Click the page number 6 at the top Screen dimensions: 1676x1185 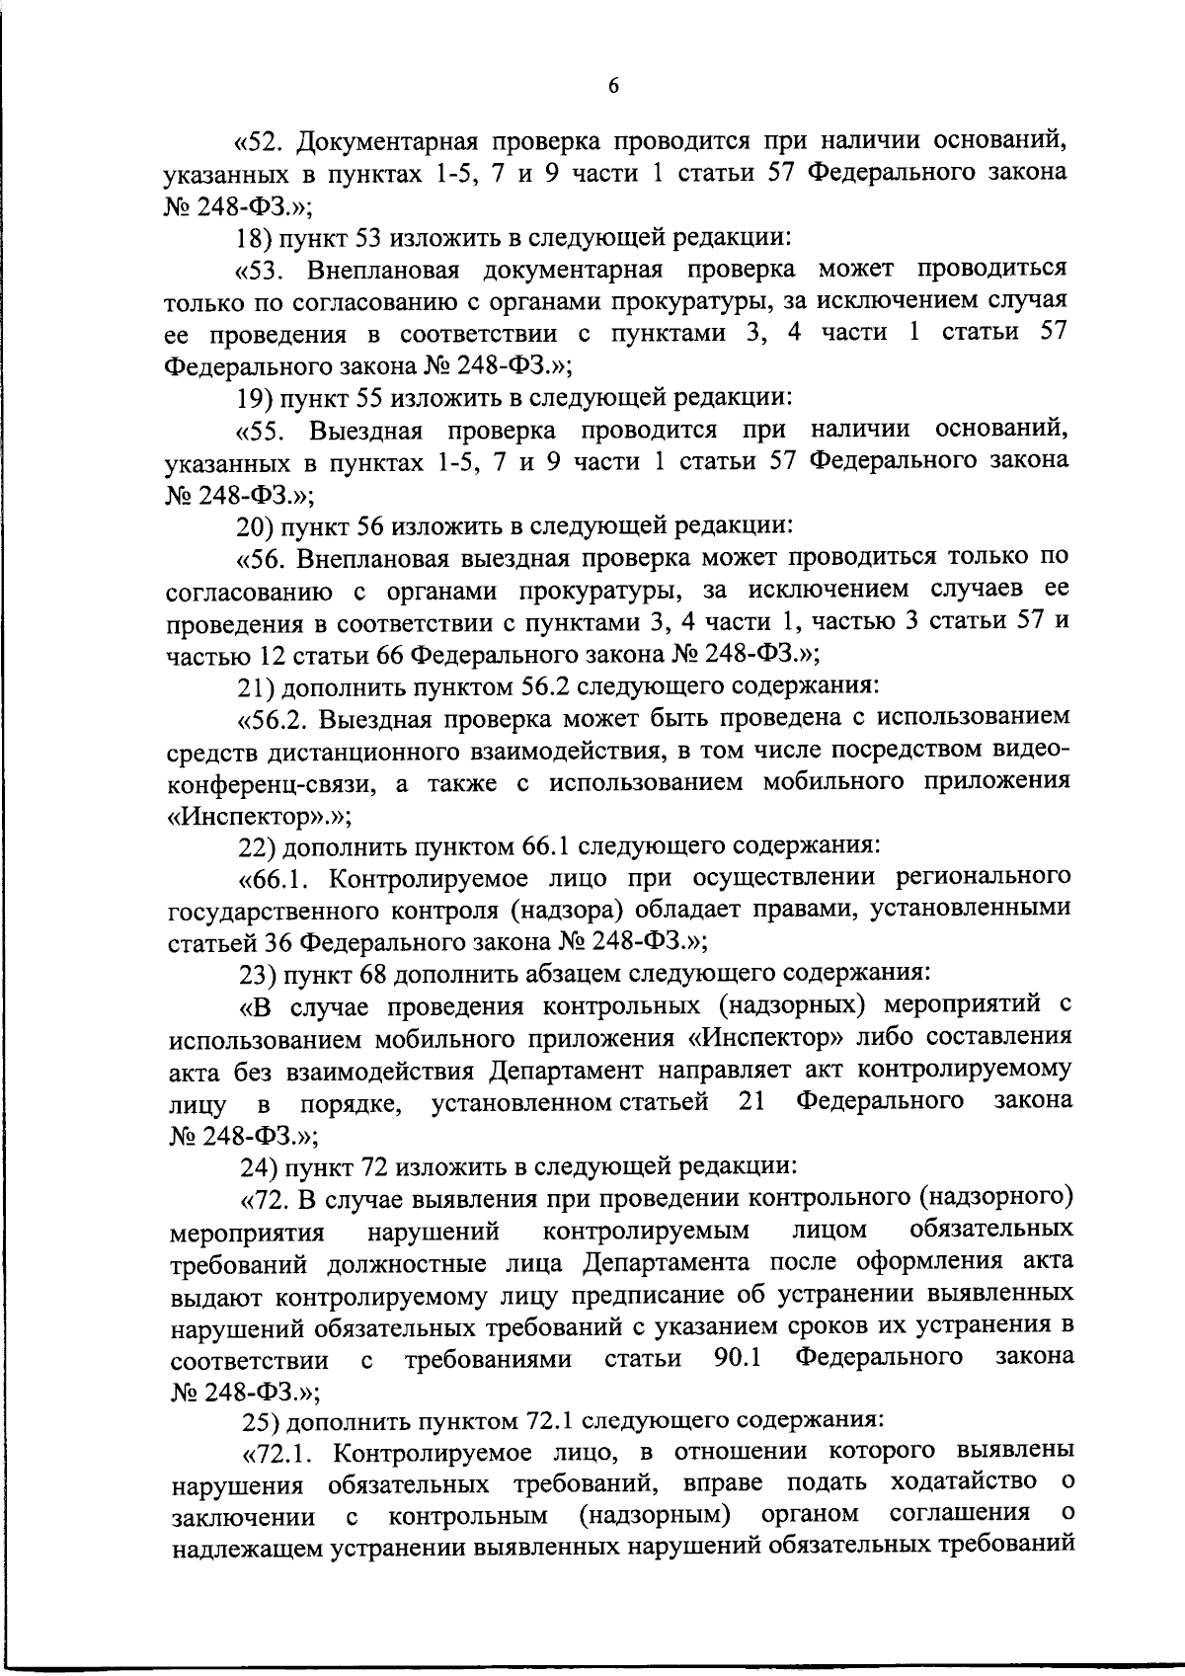point(612,86)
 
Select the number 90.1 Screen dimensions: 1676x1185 point(737,1358)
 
